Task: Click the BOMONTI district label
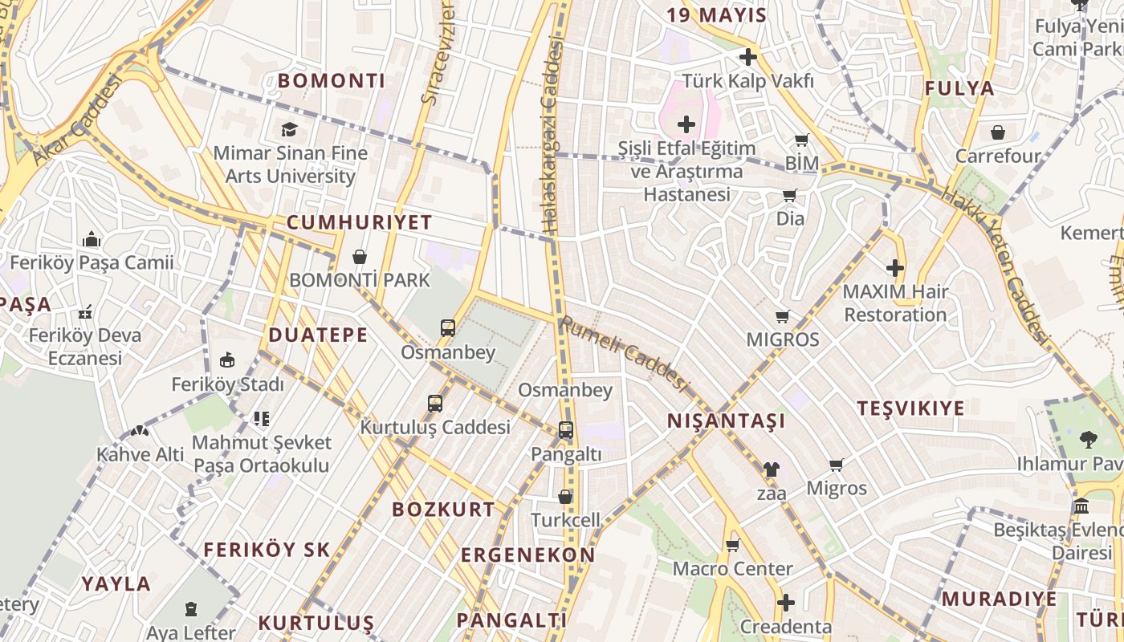point(332,80)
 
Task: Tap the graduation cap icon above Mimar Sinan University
point(289,129)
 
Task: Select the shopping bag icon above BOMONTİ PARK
point(360,257)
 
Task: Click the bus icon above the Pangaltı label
point(566,430)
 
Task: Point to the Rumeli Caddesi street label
point(625,355)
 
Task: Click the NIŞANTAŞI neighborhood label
point(726,421)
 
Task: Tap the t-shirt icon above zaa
point(771,469)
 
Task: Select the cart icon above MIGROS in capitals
point(783,316)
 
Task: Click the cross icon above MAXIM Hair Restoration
point(895,268)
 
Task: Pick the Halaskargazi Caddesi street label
point(552,136)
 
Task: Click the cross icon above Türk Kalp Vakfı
point(748,57)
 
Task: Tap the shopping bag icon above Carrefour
point(998,132)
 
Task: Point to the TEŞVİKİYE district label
point(910,408)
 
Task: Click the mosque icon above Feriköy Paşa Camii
point(92,239)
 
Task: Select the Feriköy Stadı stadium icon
point(227,360)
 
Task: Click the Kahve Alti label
point(140,454)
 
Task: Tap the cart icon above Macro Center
point(732,546)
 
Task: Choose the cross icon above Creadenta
point(786,603)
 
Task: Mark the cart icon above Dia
point(790,195)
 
